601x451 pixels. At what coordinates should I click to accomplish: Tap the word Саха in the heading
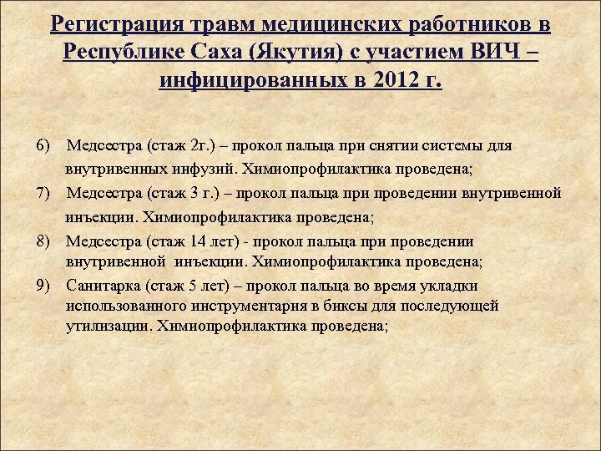225,53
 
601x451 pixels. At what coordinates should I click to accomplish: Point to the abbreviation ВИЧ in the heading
496,53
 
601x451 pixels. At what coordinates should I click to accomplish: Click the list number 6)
44,145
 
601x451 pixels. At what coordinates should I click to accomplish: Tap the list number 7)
44,194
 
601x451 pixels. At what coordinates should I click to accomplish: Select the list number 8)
44,241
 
